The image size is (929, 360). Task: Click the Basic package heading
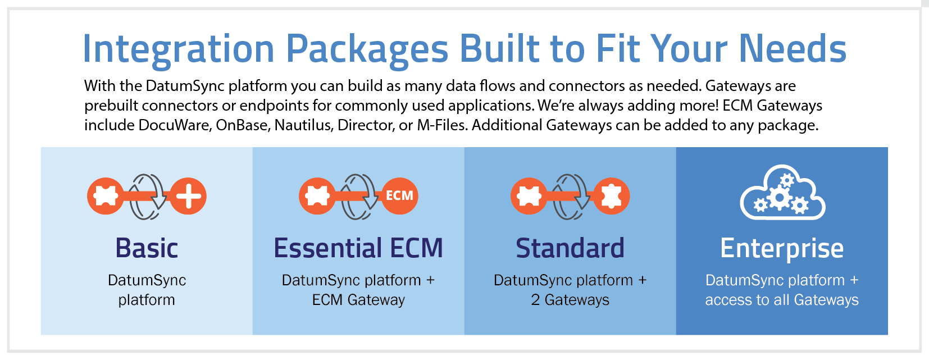[147, 248]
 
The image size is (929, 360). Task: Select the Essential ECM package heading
[358, 248]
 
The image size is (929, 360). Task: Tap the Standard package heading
[570, 248]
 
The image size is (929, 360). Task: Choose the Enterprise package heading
[782, 248]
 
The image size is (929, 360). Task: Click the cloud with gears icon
[782, 193]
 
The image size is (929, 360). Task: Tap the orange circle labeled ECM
[399, 195]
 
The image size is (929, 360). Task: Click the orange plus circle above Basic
[188, 196]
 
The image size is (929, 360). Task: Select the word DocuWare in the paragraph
[175, 125]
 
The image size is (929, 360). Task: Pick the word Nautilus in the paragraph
[303, 125]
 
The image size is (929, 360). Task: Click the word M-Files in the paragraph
[441, 125]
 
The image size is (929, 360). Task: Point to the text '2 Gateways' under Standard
[570, 300]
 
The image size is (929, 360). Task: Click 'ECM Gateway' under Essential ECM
[358, 300]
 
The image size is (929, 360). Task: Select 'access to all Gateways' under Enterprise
[782, 300]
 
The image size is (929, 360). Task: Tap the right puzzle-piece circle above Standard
[611, 196]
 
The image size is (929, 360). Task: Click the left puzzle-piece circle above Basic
[105, 196]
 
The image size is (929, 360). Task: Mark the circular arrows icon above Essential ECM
[359, 196]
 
